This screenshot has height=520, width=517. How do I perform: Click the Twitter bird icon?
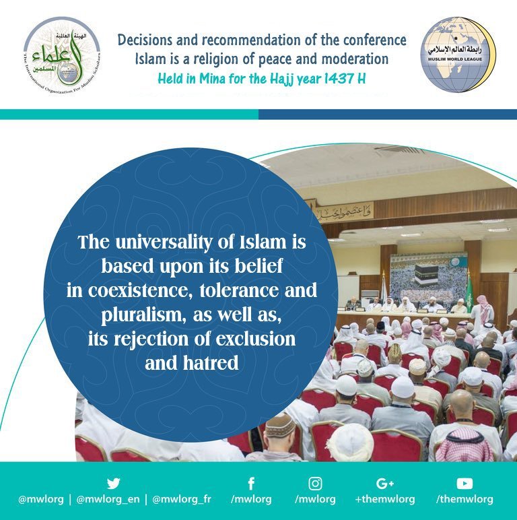[x=113, y=483]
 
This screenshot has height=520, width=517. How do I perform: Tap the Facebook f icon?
[x=250, y=483]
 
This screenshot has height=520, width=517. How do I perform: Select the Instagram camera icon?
[x=315, y=483]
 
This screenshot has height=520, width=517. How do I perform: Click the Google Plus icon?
[x=385, y=483]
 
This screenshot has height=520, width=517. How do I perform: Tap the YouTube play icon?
[x=464, y=483]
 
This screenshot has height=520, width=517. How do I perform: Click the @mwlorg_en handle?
[x=108, y=500]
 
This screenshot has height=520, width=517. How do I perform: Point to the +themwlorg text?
[x=385, y=500]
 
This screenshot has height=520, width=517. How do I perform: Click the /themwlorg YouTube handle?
[x=464, y=500]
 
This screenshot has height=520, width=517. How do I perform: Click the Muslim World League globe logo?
[x=458, y=55]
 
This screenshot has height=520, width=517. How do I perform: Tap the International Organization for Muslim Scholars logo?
[x=61, y=55]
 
